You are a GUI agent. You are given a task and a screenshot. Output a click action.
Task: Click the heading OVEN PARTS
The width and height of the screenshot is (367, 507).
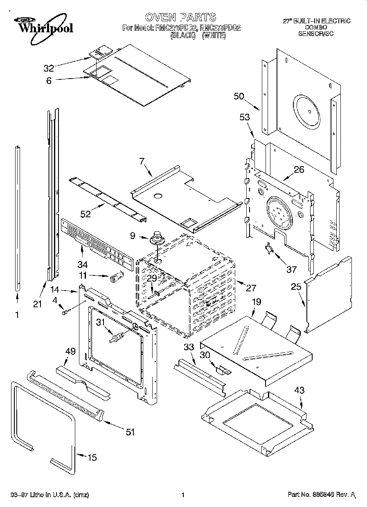click(180, 17)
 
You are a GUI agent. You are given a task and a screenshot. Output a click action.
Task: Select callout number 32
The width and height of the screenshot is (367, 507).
click(49, 68)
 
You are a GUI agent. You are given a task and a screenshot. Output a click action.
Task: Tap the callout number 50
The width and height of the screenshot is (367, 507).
click(239, 97)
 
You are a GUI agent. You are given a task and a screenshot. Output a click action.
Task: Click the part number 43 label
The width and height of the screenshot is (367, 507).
click(299, 390)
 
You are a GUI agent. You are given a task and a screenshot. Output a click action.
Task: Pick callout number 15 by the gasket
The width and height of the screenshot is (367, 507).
click(92, 457)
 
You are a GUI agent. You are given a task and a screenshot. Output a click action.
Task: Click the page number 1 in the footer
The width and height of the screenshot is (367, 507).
click(182, 495)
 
